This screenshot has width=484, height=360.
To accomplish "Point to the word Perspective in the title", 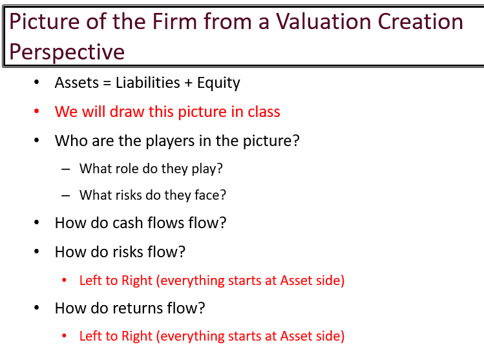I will [x=67, y=51].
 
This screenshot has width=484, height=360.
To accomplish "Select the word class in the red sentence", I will [x=264, y=112].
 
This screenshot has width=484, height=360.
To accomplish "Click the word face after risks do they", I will [x=211, y=195].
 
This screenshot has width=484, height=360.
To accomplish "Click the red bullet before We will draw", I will [x=37, y=112].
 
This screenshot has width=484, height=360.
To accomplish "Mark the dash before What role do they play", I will [x=65, y=169].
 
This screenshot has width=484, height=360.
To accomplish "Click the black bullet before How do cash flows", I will [x=37, y=223].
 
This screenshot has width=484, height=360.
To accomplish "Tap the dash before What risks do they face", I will [x=65, y=195].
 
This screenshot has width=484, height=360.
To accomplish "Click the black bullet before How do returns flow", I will [x=37, y=308].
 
